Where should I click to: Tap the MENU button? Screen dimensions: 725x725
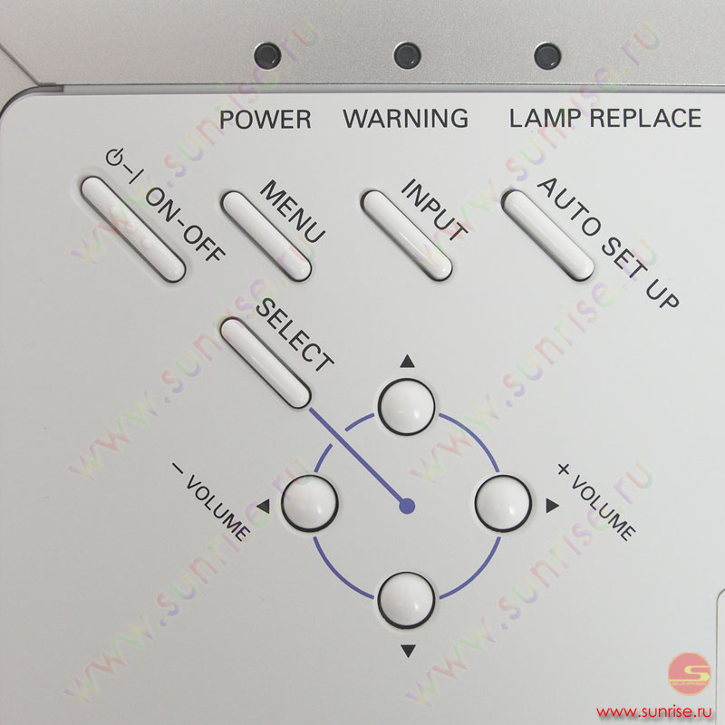pos(266,236)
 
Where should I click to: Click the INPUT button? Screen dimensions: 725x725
pos(406,236)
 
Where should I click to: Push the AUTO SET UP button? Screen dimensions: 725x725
pos(547,236)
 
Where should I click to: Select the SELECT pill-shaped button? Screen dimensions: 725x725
pos(266,363)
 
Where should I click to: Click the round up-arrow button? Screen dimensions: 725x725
pos(406,406)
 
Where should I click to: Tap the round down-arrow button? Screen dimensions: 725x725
pos(406,600)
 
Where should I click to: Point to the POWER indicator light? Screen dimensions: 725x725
pos(267,55)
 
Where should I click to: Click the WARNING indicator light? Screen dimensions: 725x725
pos(407,55)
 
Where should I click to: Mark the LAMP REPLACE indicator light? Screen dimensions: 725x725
pos(547,55)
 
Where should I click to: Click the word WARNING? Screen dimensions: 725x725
pos(405,119)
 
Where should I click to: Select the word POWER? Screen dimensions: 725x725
pos(265,120)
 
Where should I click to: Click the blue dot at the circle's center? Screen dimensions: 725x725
pos(407,507)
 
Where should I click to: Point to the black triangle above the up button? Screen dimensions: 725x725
pos(407,361)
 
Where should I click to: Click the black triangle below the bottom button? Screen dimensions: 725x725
pos(408,651)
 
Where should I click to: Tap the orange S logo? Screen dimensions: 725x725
pos(690,673)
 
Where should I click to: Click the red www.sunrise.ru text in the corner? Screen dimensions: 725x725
pos(653,710)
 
